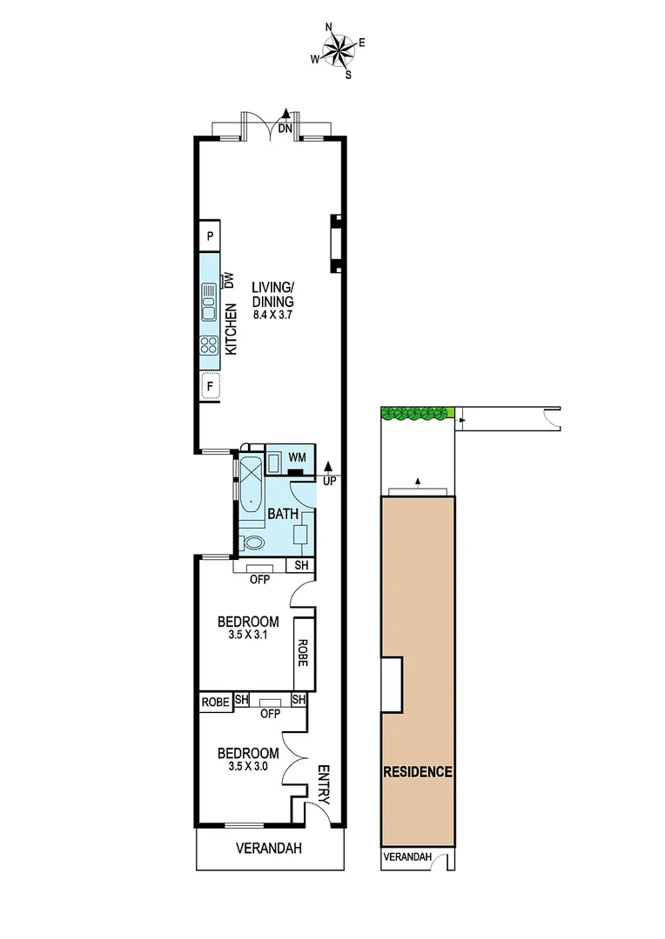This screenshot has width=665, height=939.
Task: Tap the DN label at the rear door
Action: [285, 129]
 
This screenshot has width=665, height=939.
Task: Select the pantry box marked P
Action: [210, 235]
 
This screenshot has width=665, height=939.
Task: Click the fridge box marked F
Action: [210, 384]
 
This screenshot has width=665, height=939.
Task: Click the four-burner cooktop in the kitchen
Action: [209, 346]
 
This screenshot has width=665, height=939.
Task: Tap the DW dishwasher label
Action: [230, 281]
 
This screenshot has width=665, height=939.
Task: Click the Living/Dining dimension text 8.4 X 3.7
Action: [273, 316]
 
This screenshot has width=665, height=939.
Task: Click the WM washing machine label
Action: [296, 456]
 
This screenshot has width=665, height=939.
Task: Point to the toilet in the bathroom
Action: [253, 543]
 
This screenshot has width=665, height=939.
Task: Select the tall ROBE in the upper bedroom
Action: [303, 653]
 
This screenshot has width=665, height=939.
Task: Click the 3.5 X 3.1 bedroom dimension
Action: [247, 636]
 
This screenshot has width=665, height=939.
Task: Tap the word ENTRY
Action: [323, 782]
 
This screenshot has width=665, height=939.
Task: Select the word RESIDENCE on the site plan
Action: [417, 771]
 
